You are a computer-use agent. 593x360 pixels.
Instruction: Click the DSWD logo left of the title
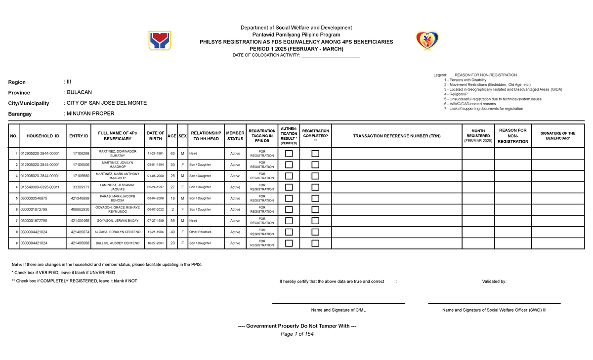pos(160,40)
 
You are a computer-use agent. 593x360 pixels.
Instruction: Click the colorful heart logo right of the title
pos(427,40)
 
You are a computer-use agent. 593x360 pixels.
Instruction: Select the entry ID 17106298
pos(81,154)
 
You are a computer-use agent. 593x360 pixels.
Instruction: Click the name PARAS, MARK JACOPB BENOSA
pos(118,198)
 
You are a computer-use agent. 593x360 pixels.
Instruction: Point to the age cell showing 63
pos(172,154)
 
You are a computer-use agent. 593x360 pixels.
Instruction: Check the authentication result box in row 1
pos(289,154)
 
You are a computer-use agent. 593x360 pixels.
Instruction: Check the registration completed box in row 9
pos(315,243)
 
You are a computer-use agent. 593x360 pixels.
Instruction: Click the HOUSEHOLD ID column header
pos(43,136)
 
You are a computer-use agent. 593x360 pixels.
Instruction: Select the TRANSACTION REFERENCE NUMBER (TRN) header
pos(396,136)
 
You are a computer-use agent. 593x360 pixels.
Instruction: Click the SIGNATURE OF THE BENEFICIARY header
pos(558,136)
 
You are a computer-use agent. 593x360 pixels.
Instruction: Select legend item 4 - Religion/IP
pos(458,94)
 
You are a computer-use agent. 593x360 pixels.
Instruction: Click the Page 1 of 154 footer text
pos(297,334)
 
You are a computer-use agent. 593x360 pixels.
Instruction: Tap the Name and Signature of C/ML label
pos(338,310)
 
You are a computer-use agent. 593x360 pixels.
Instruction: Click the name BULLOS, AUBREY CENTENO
pos(118,243)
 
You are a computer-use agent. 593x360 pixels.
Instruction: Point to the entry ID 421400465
pos(80,220)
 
